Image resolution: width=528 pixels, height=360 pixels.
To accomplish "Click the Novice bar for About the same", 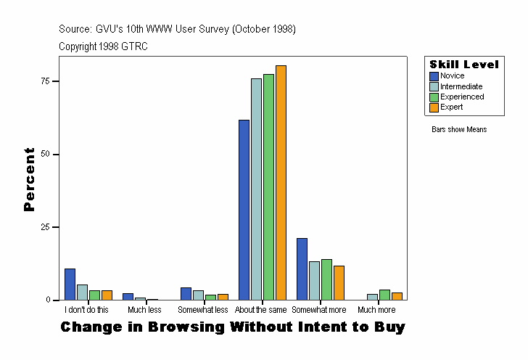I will tap(244, 210).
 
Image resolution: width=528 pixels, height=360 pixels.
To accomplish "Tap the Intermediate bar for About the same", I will tap(256, 189).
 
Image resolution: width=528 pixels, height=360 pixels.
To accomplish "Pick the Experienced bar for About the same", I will tap(268, 187).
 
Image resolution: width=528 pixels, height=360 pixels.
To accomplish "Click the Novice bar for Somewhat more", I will tap(302, 269).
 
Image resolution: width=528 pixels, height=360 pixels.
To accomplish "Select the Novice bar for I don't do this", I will tap(70, 285).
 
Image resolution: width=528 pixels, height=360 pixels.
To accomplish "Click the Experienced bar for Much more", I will tap(384, 295).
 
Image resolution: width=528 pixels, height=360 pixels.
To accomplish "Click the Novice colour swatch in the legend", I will tap(434, 76).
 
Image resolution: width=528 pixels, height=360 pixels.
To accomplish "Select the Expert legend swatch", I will tap(434, 107).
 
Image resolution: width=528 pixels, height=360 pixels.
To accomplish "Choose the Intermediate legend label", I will tap(461, 86).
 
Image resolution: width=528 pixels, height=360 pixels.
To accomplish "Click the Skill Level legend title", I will tap(463, 65).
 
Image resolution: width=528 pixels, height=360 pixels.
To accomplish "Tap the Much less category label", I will tap(144, 310).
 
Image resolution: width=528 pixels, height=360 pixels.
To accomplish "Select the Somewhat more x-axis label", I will tap(319, 310).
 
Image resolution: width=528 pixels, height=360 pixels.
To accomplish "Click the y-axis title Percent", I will tap(29, 179).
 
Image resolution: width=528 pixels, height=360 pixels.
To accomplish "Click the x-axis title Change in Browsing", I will tap(232, 327).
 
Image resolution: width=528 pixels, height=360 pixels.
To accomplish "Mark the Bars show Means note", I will tap(459, 130).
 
